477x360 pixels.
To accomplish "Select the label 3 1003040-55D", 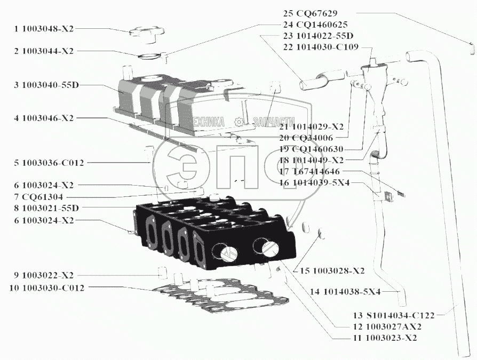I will click(x=47, y=85).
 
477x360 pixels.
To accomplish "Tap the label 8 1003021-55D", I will click(x=47, y=207).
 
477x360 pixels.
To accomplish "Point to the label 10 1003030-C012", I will click(x=46, y=288).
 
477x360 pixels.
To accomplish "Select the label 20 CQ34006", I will click(x=306, y=138).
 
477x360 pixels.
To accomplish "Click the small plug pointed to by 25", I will click(x=470, y=47).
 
